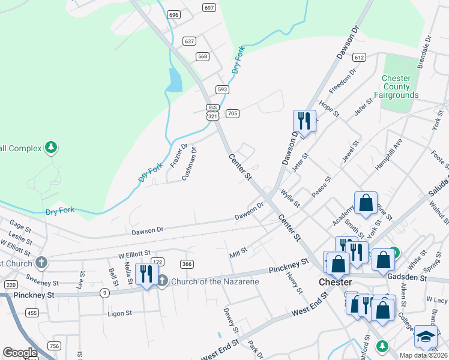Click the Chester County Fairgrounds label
pos(396,87)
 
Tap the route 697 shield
pos(209,8)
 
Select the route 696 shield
pos(174,14)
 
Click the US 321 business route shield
pos(212,113)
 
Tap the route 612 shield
pos(359,58)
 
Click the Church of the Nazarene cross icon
pos(162,280)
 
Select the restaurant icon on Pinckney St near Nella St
pos(146,274)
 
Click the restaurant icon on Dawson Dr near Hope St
pos(305,122)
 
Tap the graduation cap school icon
pos(426,337)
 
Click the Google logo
pos(19,353)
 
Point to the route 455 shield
pos(32,313)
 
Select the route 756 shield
pos(55,346)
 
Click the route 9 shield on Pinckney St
pos(105,293)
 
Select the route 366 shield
pos(187,264)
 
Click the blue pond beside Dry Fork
pos(174,80)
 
